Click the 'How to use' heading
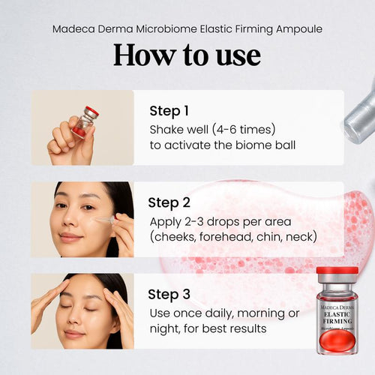(187, 55)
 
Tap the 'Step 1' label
(169, 111)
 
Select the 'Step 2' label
(169, 202)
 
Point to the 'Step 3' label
(169, 294)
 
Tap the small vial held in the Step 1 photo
(85, 123)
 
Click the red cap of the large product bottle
(337, 274)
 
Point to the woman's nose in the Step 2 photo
(76, 222)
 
